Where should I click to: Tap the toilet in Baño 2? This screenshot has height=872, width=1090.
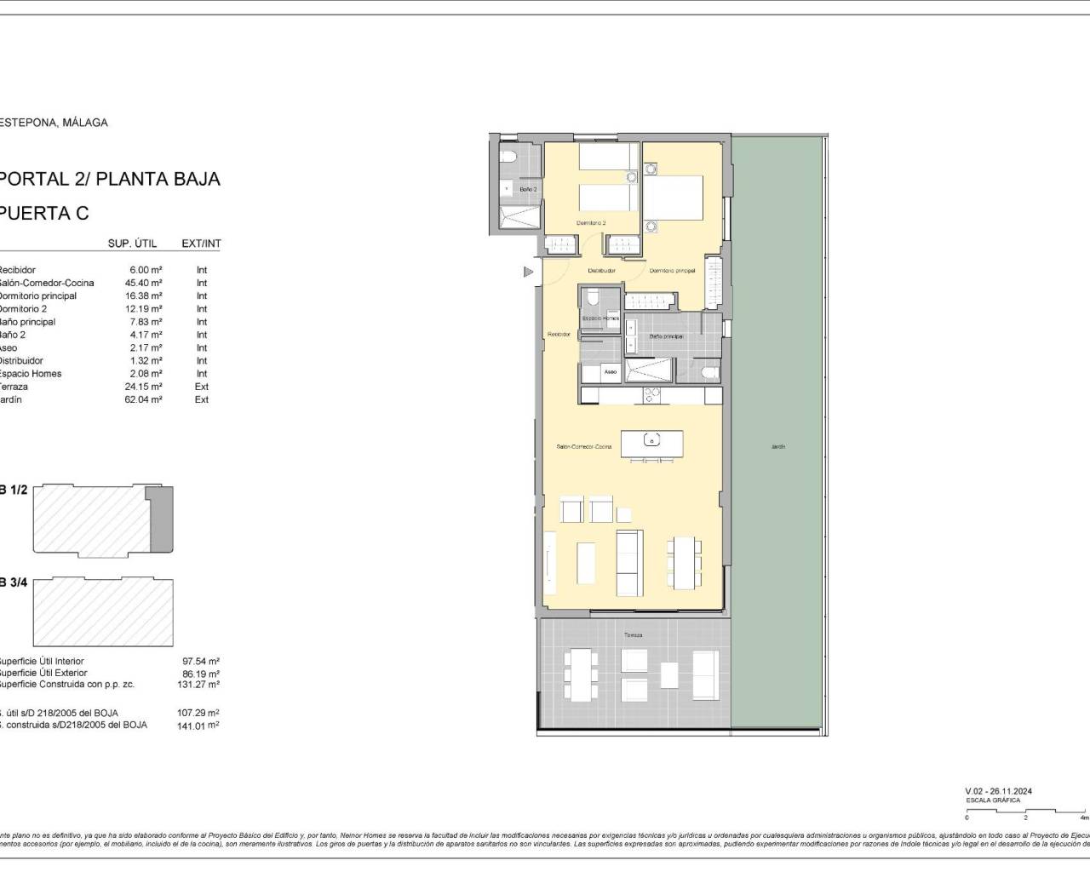(507, 156)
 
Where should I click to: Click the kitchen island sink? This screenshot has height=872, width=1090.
(651, 442)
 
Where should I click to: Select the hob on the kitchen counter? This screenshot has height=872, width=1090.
(651, 394)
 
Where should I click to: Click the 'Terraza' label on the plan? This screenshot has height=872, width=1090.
(632, 635)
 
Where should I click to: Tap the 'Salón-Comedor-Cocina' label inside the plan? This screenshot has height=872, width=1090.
(584, 446)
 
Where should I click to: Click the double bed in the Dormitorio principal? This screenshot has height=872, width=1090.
(673, 198)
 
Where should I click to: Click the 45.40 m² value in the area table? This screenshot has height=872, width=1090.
(143, 283)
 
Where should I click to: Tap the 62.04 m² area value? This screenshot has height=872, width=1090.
(143, 399)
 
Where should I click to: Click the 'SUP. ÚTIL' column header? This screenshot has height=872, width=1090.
(132, 244)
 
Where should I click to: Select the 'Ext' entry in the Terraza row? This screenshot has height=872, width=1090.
(202, 387)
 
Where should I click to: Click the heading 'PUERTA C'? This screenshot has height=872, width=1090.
(44, 213)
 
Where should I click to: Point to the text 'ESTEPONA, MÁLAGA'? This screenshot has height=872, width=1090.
(54, 123)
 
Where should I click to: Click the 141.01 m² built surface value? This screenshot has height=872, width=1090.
(201, 726)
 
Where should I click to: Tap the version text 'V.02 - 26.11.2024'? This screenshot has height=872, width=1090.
(1004, 791)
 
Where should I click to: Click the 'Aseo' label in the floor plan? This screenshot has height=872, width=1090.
(610, 372)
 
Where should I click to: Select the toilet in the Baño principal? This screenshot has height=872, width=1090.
(708, 372)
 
